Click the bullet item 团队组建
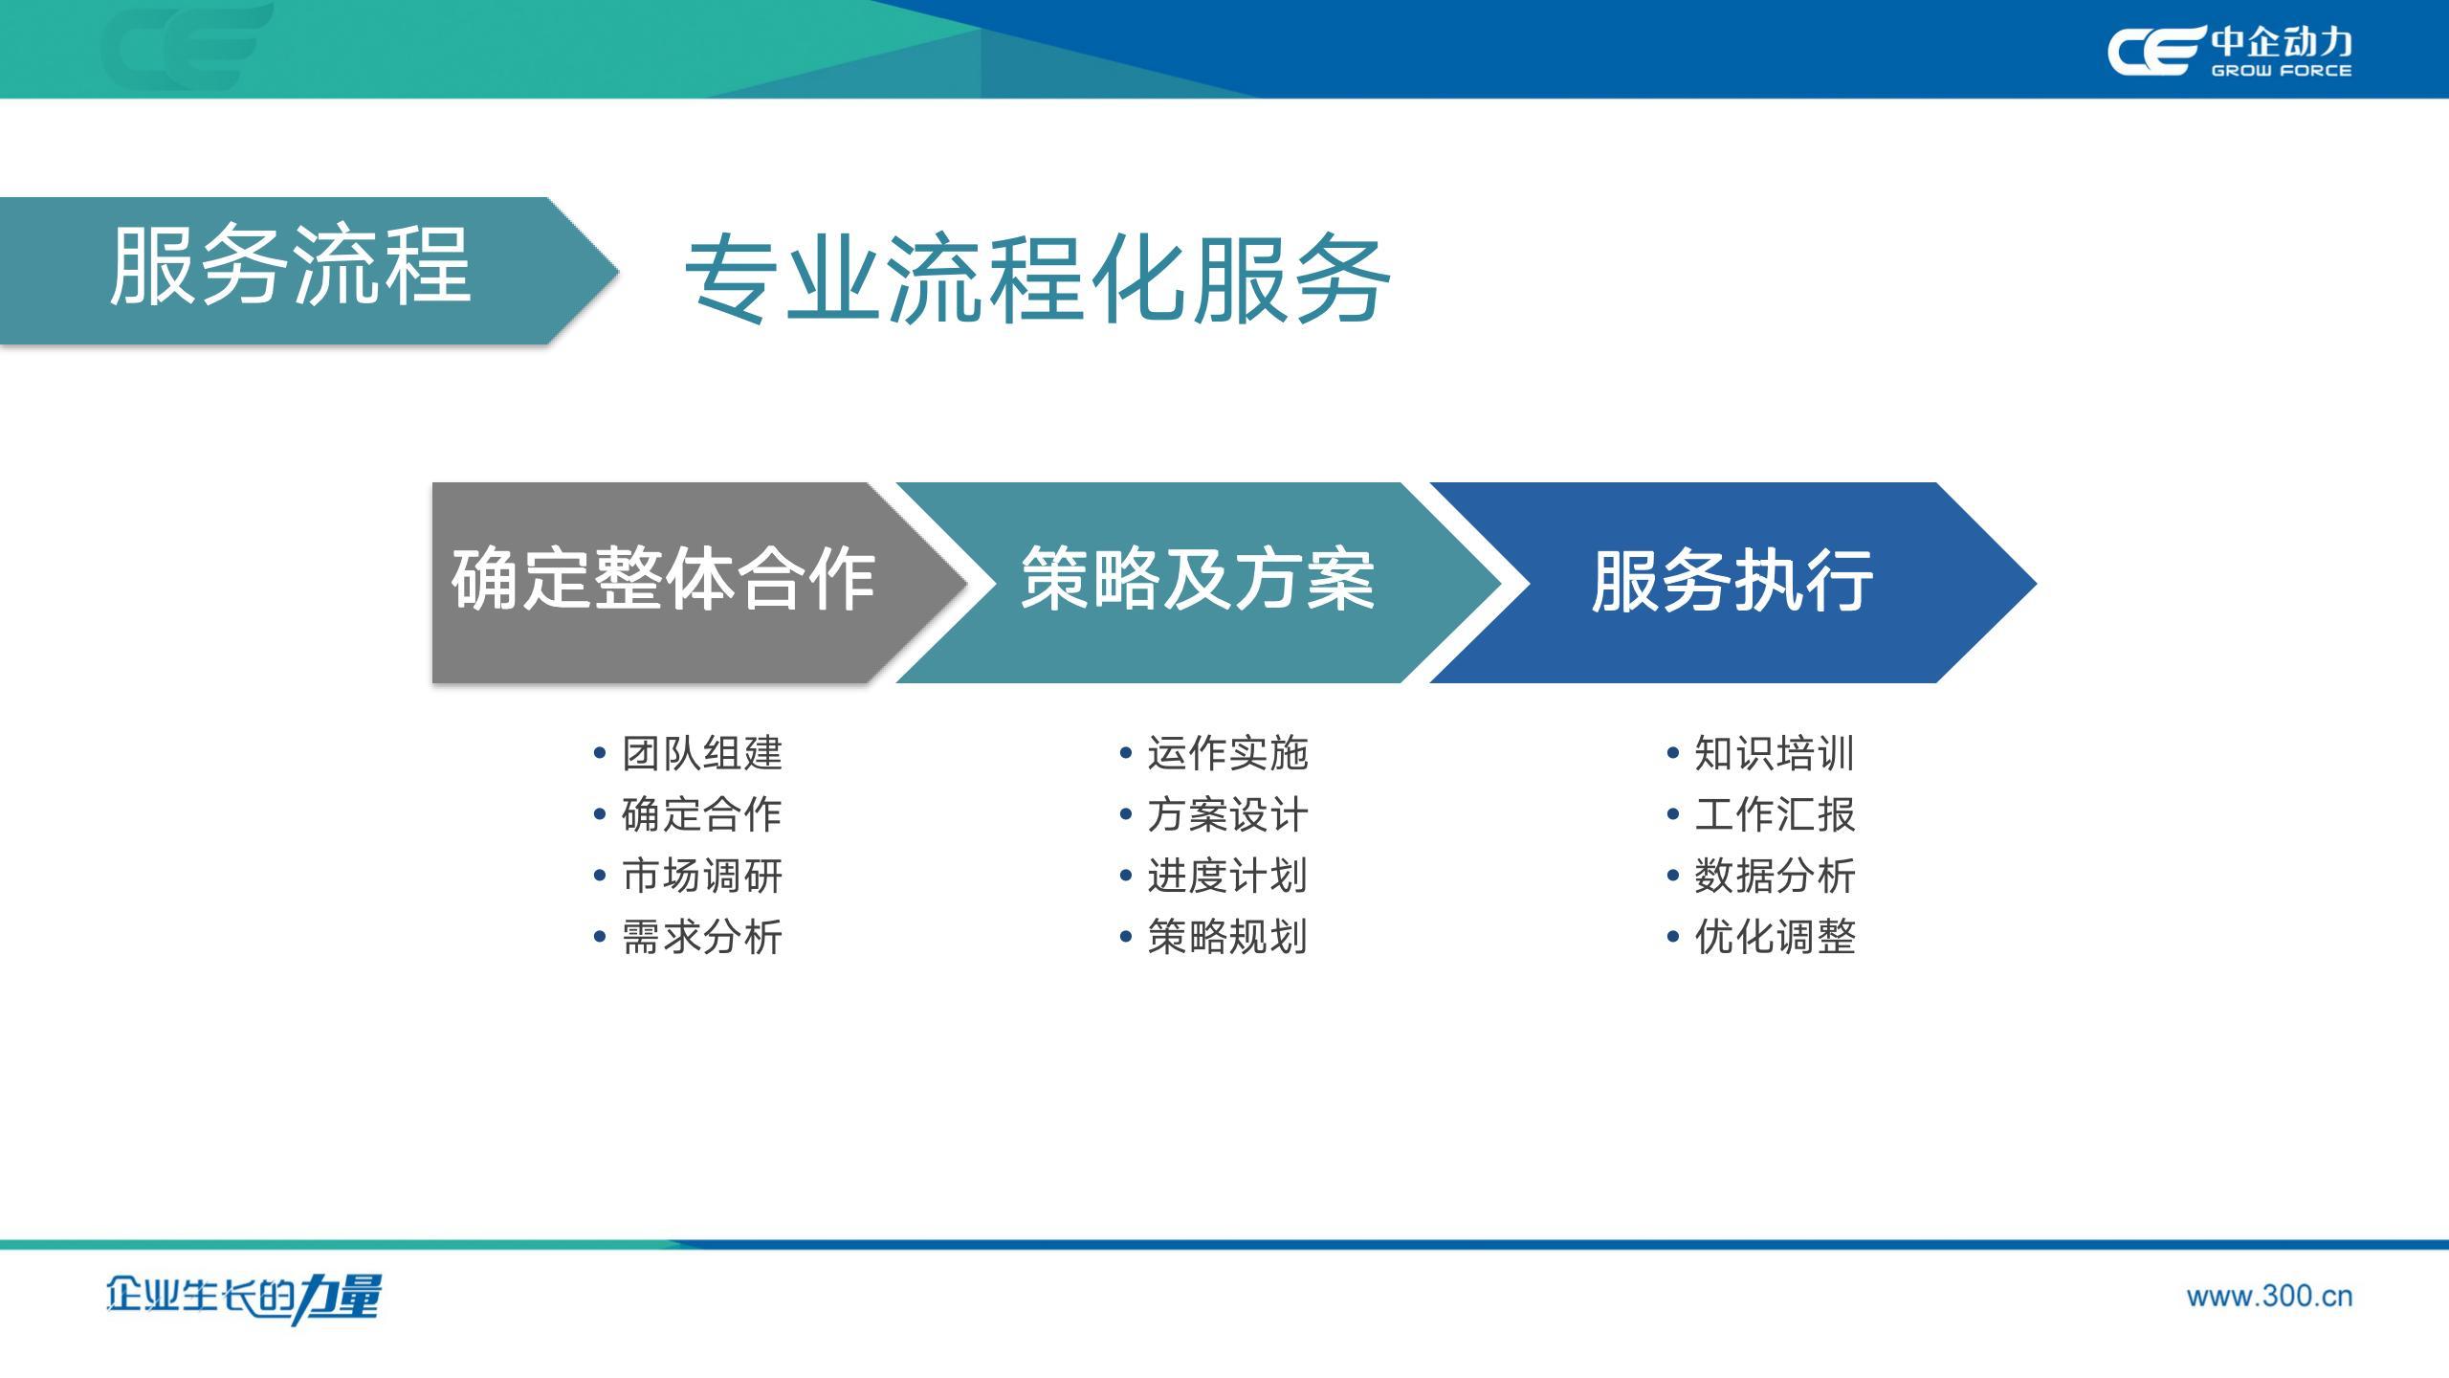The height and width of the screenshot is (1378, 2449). pos(702,753)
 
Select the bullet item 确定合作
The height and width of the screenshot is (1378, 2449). pos(702,814)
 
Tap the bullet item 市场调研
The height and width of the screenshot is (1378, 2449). pos(702,876)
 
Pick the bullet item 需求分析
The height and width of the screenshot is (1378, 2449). pos(702,937)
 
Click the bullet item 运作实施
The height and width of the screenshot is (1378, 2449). pos(1227,753)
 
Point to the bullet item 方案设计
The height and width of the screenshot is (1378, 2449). pos(1227,814)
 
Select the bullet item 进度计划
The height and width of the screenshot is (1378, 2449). pos(1227,876)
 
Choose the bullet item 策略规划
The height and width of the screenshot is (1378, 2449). pos(1227,937)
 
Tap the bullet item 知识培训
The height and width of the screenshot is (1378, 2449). pos(1775,753)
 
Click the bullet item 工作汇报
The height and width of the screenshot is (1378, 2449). pos(1775,814)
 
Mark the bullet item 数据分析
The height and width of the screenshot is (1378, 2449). pos(1775,876)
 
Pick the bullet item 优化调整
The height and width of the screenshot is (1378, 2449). pos(1775,937)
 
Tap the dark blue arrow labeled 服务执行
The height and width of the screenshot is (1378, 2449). pos(1732,582)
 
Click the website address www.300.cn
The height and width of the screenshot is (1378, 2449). pos(2269,1297)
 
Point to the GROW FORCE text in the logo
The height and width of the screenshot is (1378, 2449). pos(2281,70)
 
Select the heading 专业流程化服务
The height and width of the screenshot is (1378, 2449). pos(1038,279)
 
